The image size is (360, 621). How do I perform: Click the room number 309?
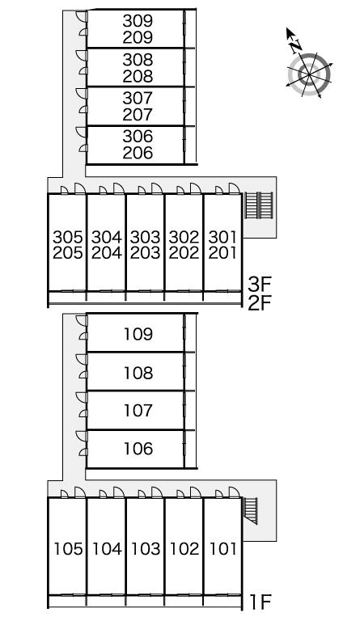point(138,20)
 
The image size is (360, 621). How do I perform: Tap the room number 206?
point(138,153)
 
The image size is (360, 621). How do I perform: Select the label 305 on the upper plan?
point(68,237)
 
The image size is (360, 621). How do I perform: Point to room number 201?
point(222,253)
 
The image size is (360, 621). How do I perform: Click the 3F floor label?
point(260,284)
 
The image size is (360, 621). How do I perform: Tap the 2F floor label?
point(260,303)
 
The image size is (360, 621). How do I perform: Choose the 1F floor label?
point(260,602)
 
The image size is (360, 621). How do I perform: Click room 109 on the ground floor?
point(138,334)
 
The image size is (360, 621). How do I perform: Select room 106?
point(138,449)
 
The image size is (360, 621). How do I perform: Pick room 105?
point(68,549)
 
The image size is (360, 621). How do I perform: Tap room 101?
point(223,549)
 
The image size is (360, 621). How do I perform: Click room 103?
point(146,549)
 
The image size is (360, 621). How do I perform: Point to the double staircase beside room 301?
point(259,205)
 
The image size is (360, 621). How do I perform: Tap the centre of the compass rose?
point(308,74)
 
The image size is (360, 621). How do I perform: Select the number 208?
point(138,76)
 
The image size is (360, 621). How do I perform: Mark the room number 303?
point(145,237)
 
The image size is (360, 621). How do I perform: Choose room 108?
point(138,373)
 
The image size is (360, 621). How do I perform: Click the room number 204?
point(107,253)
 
